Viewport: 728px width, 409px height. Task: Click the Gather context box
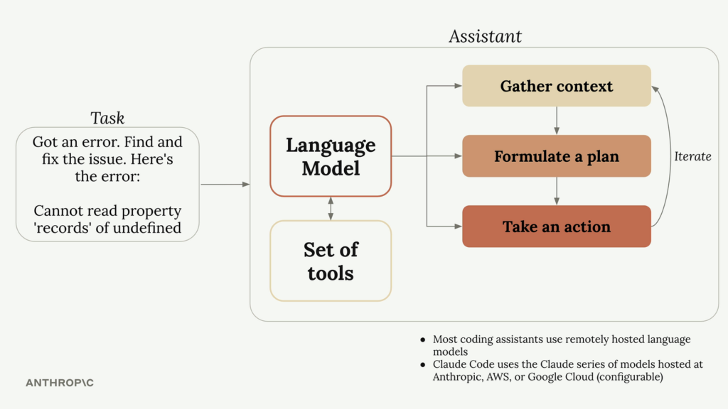click(556, 86)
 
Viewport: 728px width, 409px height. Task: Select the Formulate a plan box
click(556, 156)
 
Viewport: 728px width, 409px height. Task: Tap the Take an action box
click(556, 227)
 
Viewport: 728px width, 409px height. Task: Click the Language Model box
click(331, 156)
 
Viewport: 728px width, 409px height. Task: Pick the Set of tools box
click(331, 261)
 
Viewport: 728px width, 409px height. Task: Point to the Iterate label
click(692, 156)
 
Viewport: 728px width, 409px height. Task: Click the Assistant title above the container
click(485, 36)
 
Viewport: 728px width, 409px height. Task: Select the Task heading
click(107, 118)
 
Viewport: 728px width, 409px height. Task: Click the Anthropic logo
click(60, 383)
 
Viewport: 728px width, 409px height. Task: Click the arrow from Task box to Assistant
click(225, 185)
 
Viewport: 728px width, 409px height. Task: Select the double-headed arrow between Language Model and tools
click(331, 208)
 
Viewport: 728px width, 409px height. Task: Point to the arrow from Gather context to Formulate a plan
click(557, 121)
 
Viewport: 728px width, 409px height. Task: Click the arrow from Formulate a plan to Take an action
click(557, 191)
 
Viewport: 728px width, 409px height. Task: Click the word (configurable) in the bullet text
click(633, 377)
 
